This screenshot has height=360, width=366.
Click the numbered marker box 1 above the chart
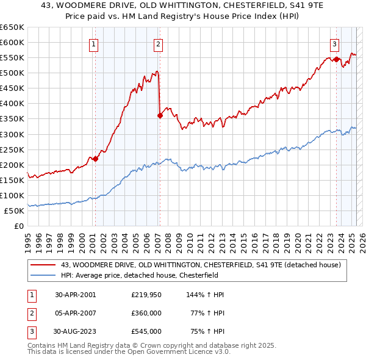tap(94, 43)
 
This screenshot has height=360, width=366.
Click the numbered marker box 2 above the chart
tap(158, 43)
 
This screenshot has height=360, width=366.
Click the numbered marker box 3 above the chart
tap(335, 43)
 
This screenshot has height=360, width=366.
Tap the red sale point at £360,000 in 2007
tap(160, 115)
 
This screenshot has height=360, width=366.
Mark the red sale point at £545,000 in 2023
tap(336, 59)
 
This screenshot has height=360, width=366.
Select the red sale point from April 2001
tap(96, 159)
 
